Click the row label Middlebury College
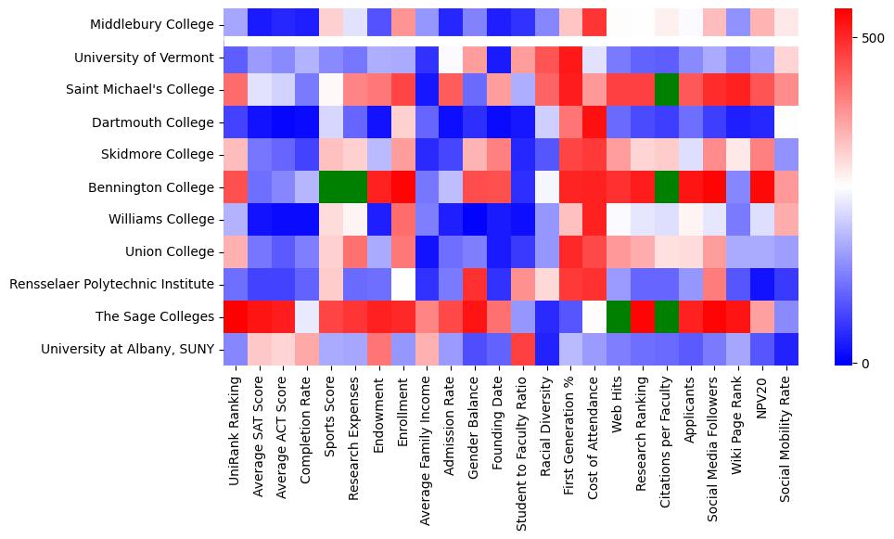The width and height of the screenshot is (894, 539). (x=154, y=25)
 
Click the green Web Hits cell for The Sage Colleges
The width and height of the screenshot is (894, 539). (x=619, y=316)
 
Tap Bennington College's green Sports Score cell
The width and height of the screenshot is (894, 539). (x=331, y=186)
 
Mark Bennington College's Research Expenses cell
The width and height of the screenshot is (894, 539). (x=355, y=186)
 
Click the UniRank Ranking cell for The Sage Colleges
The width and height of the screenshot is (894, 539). (x=236, y=316)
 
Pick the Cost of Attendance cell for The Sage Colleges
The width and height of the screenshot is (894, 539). (x=594, y=316)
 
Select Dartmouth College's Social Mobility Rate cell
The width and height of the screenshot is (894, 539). (x=786, y=122)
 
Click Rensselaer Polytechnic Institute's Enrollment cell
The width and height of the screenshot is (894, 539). (x=402, y=284)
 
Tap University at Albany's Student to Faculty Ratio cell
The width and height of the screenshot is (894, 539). (x=523, y=349)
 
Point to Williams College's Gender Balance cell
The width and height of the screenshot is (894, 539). (x=475, y=219)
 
